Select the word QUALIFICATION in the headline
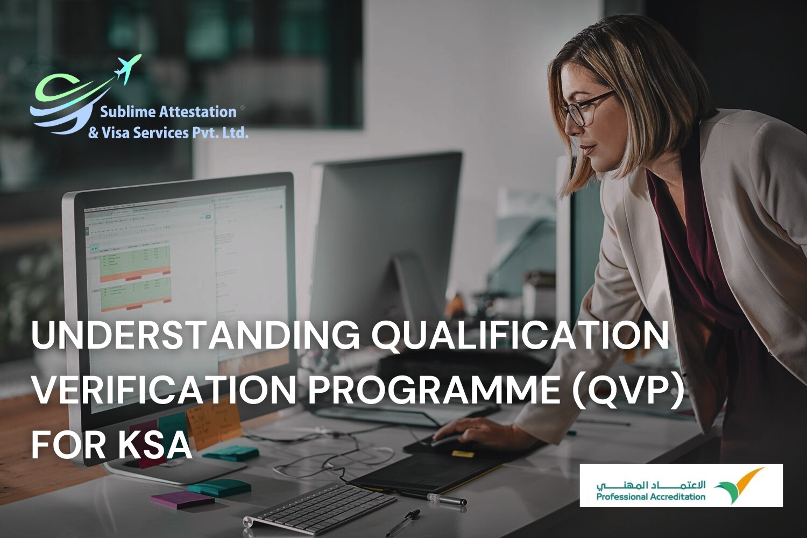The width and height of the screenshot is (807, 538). point(520,335)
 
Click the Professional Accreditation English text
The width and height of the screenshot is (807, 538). point(650,497)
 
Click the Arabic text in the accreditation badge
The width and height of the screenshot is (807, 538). point(650,484)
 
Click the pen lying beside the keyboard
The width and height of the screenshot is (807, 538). point(403,522)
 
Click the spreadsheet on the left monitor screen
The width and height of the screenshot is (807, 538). point(134,274)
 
